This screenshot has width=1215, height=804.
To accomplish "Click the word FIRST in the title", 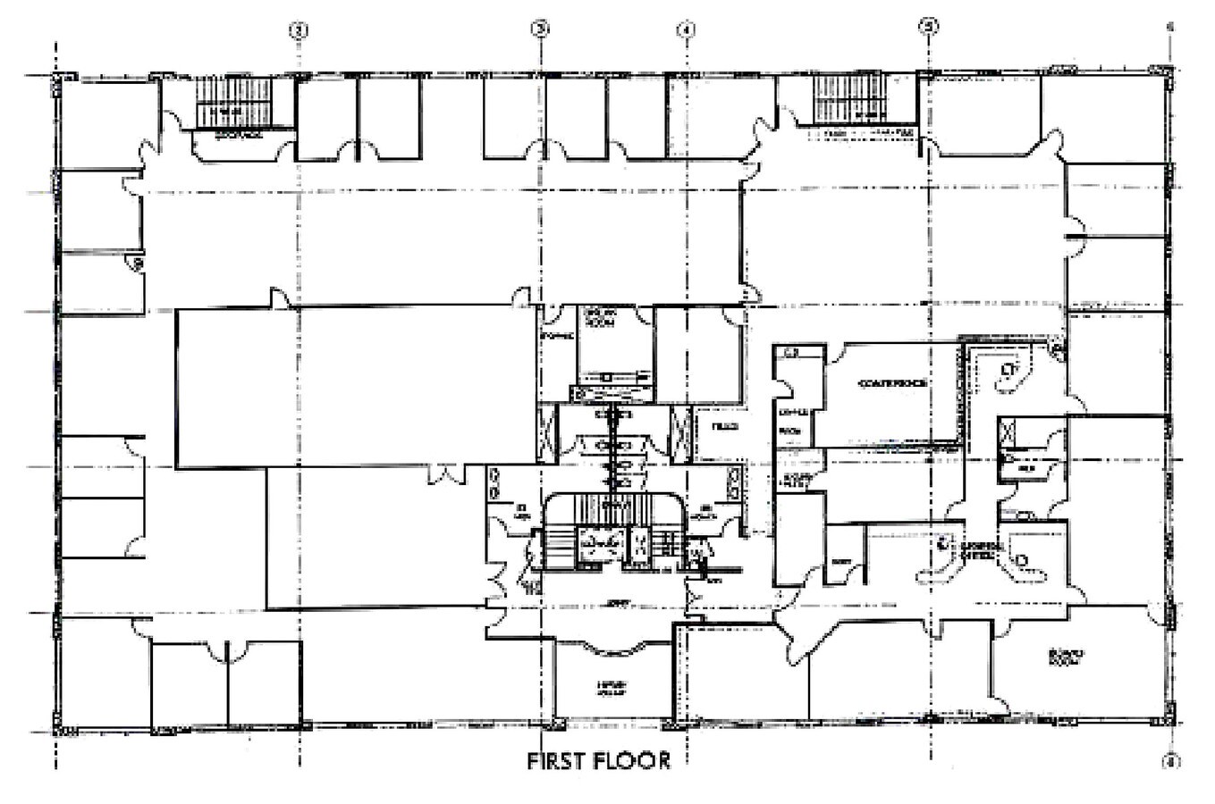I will coord(555,761).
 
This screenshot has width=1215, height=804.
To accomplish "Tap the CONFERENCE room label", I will coord(890,383).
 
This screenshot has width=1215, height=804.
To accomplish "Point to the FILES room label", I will coord(724,427).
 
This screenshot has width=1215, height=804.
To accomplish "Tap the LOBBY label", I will coord(614,604).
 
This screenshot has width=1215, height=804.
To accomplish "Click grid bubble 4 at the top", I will coord(686,29).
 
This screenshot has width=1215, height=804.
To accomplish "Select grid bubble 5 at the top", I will coord(930,26).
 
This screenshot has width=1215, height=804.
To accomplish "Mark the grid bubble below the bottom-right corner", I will coord(1170,761).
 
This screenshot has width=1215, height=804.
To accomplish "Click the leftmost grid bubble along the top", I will coord(299,30).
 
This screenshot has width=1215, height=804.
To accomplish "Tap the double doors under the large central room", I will coord(445,474).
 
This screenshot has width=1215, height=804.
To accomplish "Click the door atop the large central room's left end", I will coord(280,298).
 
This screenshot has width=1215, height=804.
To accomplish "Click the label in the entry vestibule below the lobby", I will coord(612,687).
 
